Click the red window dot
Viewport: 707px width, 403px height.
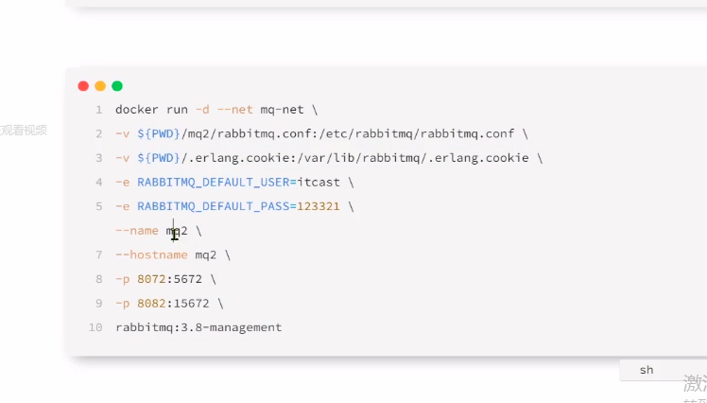pos(83,85)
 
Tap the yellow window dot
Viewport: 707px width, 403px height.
pos(100,85)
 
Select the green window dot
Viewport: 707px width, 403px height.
pos(117,85)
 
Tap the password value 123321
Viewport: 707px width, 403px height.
pos(323,206)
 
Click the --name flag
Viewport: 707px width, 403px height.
pos(137,231)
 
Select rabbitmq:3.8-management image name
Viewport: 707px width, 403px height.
pos(198,327)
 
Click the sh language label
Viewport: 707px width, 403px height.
pos(647,370)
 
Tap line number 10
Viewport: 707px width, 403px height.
pos(95,327)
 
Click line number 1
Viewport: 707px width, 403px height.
pos(98,110)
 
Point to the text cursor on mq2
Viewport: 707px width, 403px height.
pos(174,230)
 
